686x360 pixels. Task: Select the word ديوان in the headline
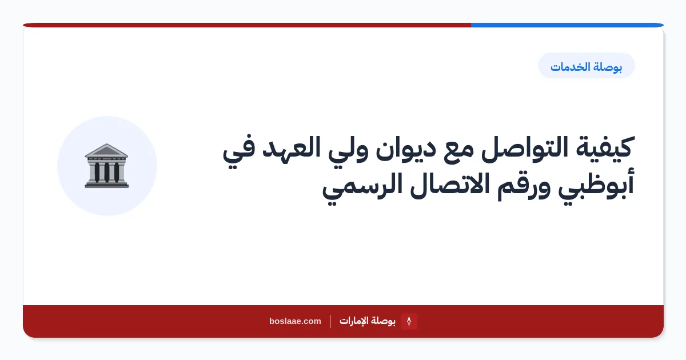pos(405,149)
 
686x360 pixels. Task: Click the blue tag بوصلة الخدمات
pos(586,66)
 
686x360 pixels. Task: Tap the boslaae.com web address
pos(295,321)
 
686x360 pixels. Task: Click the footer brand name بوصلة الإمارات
pos(367,321)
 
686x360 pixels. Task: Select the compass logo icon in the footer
pos(409,321)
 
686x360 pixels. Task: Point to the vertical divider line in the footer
pos(330,321)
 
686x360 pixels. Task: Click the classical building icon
pos(106,166)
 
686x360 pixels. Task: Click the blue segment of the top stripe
pos(567,25)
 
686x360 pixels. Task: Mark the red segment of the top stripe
pos(247,25)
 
